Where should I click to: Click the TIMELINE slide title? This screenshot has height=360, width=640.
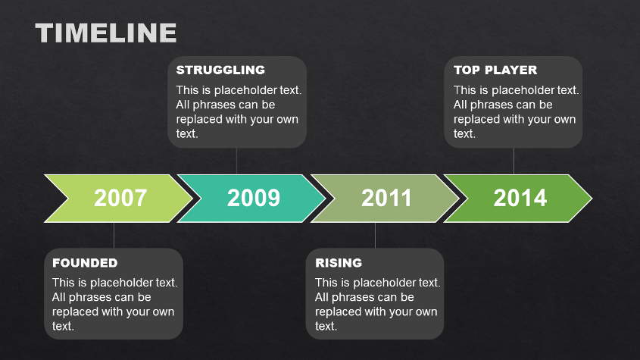106,33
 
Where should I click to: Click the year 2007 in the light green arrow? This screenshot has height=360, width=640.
120,198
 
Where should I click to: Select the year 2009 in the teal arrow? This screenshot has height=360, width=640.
254,198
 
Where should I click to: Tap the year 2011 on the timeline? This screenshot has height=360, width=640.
386,198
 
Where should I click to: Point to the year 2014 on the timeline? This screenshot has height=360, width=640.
520,198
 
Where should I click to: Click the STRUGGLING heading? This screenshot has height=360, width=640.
220,70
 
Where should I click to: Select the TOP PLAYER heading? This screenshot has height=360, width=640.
495,70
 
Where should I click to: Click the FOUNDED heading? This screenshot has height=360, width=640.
85,263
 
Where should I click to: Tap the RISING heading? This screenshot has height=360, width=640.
339,263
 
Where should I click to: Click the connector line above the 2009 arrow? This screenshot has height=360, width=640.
236,161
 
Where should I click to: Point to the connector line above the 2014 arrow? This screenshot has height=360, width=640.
514,161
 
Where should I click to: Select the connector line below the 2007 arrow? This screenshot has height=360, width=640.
114,236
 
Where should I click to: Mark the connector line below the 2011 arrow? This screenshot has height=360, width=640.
375,236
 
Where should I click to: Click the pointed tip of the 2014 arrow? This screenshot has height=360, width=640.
592,199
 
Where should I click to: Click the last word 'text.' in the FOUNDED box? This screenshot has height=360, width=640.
63,326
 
